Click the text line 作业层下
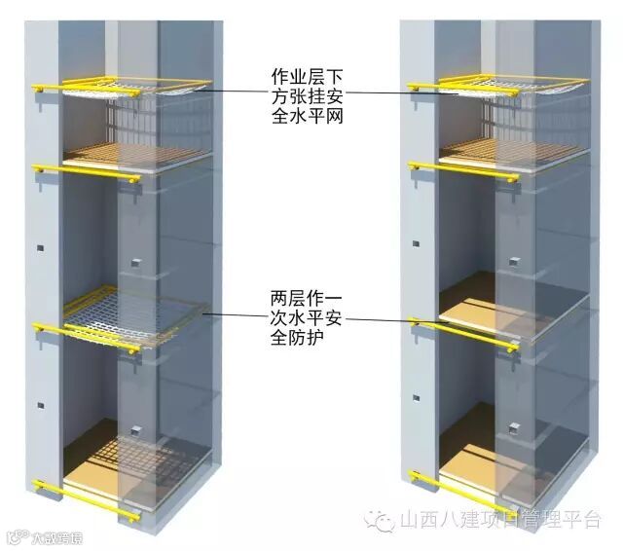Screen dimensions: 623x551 click(308, 74)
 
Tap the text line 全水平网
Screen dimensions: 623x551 click(308, 119)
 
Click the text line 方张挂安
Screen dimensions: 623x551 click(308, 96)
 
